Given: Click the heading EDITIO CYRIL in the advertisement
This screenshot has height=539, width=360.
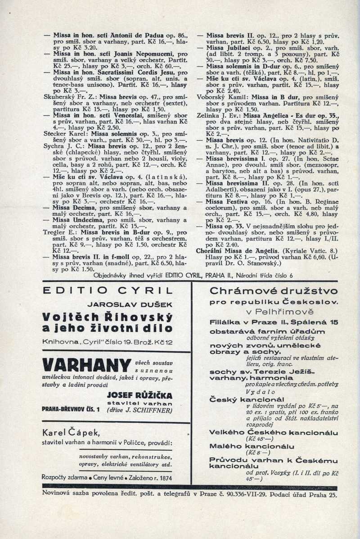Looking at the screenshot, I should (x=107, y=291).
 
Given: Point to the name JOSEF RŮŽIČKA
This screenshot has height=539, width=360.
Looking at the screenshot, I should (x=140, y=395).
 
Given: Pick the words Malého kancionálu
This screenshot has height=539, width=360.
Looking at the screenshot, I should (x=243, y=445).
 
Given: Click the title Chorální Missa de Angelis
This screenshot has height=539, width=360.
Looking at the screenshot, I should (x=231, y=250).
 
